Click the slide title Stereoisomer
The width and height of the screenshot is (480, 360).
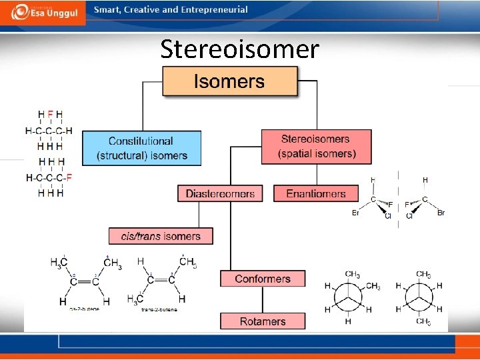[239, 49]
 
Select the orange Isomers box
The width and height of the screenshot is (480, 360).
[230, 82]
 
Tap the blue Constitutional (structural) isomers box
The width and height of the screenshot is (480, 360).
[141, 149]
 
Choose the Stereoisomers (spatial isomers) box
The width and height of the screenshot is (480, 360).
[316, 147]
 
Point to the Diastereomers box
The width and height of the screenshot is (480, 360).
[220, 194]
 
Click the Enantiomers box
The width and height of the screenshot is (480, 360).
[316, 194]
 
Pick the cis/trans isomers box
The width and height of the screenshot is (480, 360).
[161, 236]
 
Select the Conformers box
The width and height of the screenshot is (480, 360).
[263, 279]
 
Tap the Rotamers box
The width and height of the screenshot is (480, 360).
[263, 321]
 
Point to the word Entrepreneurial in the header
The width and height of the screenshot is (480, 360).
[213, 10]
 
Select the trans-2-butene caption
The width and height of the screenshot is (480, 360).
[159, 309]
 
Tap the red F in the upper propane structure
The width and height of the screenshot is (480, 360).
[50, 115]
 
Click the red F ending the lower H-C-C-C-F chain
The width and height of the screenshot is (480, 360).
[69, 178]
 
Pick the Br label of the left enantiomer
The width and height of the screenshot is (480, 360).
[355, 213]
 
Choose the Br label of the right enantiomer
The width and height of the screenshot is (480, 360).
[441, 213]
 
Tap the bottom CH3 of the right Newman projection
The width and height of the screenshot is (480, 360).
[423, 323]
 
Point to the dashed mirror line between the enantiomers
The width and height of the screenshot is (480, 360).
[398, 200]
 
